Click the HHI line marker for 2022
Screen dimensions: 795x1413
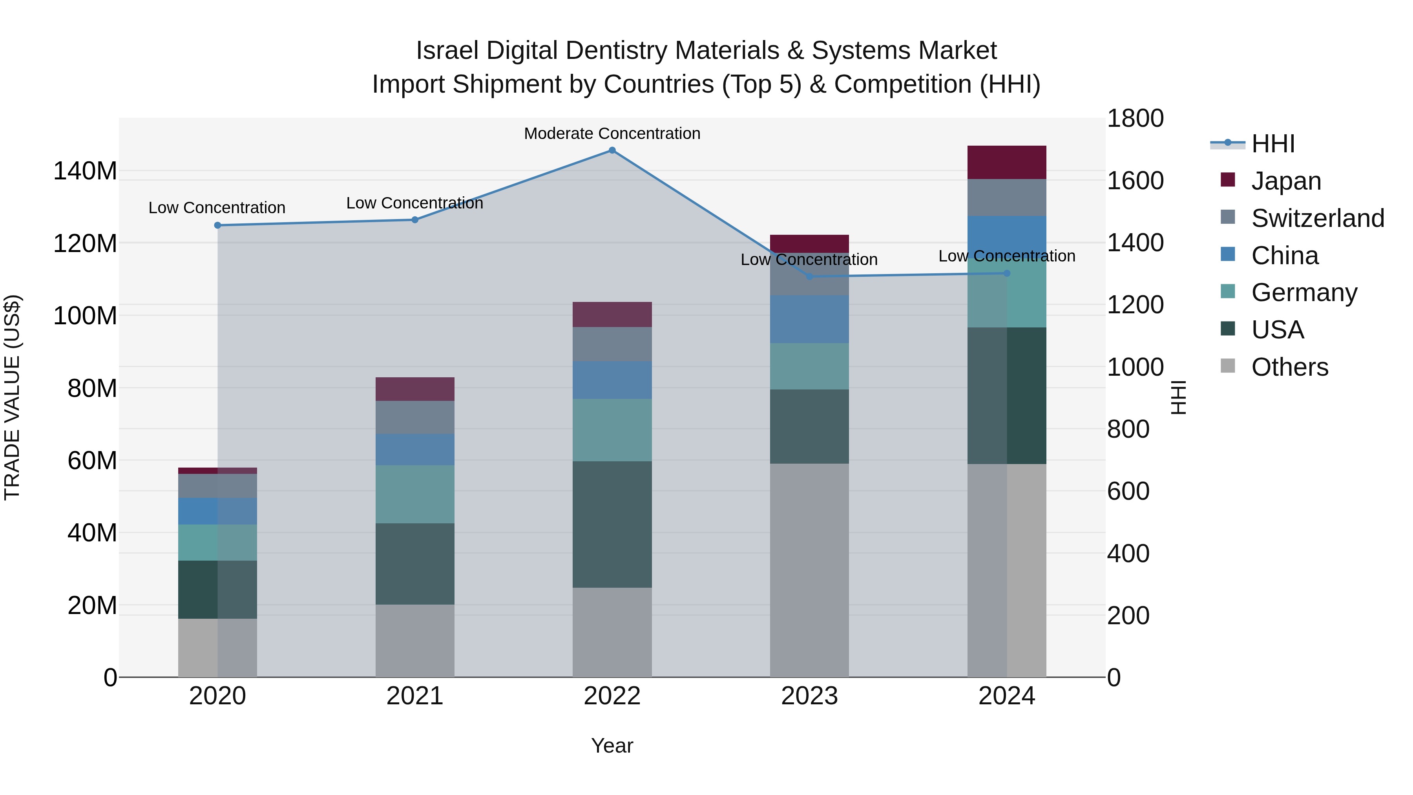[x=612, y=150]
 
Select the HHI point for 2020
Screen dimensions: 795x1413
[x=218, y=225]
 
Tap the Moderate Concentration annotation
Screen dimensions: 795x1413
[x=612, y=133]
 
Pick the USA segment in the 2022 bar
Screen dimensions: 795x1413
[x=612, y=524]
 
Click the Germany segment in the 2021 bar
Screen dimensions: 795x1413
[x=415, y=494]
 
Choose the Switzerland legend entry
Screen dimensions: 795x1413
[x=1318, y=218]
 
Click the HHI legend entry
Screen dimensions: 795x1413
[x=1272, y=144]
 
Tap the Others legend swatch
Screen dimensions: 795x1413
[x=1228, y=366]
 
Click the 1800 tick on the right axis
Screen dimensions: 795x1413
[x=1135, y=119]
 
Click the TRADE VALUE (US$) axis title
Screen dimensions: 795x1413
[x=13, y=397]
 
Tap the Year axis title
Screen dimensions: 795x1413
[x=612, y=746]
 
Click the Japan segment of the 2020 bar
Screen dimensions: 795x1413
[x=218, y=471]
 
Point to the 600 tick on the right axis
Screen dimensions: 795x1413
[x=1128, y=491]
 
